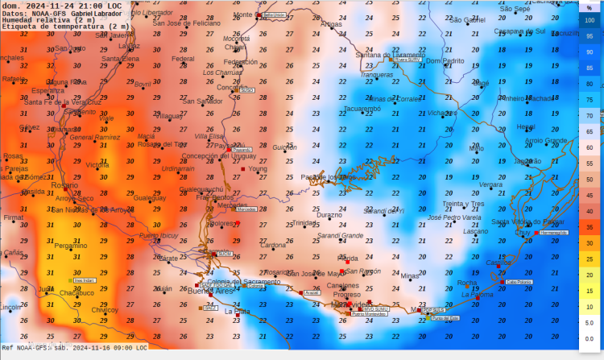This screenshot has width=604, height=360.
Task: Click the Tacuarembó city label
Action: point(362,108)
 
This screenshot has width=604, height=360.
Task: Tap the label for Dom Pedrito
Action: point(445,61)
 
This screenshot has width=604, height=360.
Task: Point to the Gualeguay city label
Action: point(149,197)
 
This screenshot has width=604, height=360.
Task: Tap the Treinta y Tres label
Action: point(463,204)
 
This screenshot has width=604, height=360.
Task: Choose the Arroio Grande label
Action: point(545,140)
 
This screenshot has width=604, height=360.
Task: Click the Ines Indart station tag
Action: point(85,281)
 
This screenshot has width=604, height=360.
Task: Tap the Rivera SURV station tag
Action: point(407,60)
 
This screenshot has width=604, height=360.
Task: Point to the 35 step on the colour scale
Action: point(590,228)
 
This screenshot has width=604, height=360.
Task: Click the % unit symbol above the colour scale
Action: point(590,7)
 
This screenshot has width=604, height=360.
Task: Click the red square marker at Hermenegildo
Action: point(534,232)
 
